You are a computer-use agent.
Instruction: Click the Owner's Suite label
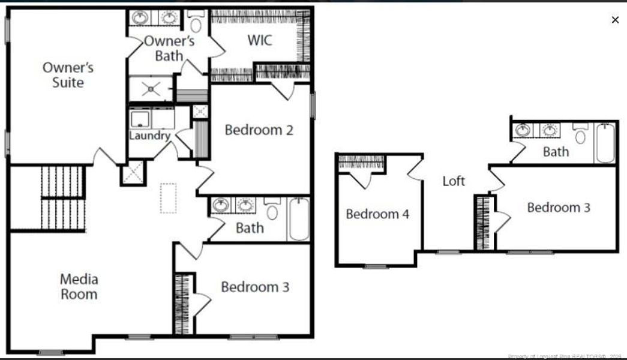coord(68,75)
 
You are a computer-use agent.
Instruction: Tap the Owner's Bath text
coord(169,49)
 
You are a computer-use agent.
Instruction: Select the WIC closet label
coord(260,41)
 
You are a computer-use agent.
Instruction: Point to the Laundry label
coord(150,136)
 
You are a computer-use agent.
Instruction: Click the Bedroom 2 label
coord(259,130)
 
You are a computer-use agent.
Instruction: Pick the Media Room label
coord(79,287)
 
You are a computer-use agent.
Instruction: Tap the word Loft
coord(454,181)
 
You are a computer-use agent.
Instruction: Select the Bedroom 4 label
coord(377,214)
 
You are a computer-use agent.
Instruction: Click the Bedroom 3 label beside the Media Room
coord(255,287)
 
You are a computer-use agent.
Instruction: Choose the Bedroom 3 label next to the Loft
coord(559,208)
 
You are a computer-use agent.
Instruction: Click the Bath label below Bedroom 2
coord(250,228)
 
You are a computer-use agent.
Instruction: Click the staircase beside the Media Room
coord(63,198)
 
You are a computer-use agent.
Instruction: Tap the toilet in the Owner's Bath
coord(196,23)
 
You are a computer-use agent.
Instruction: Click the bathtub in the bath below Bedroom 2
coord(298,219)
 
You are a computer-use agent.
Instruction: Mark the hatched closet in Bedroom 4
coord(361,161)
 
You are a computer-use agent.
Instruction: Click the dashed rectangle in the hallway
coord(169,198)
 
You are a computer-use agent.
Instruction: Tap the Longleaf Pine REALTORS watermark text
coord(564,356)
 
